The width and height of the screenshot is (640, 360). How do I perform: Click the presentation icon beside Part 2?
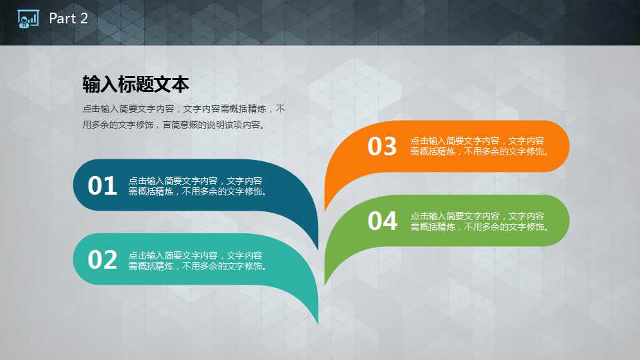click(28, 19)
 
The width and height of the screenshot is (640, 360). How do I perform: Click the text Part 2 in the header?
click(68, 19)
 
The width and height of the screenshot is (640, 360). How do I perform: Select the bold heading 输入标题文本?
click(135, 85)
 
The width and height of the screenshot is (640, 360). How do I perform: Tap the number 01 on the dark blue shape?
click(102, 186)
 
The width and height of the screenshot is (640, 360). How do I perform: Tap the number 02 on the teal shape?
click(102, 260)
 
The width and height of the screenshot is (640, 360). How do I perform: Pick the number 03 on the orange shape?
click(382, 146)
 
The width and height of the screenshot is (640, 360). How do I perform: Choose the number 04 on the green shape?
click(382, 221)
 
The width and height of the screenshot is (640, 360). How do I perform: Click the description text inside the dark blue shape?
click(198, 186)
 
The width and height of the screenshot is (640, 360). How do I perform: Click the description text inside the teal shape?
click(198, 261)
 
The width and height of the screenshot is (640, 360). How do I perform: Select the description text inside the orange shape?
click(480, 146)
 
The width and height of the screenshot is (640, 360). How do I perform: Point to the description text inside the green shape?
click(480, 221)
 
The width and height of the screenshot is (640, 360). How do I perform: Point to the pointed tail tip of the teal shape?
click(317, 323)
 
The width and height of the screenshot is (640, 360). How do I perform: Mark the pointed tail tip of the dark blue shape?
click(317, 249)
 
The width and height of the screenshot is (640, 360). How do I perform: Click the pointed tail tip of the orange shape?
click(325, 211)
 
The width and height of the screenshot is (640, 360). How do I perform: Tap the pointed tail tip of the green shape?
click(325, 285)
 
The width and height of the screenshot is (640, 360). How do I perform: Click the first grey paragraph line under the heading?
click(184, 109)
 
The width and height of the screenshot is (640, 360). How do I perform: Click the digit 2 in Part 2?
click(84, 19)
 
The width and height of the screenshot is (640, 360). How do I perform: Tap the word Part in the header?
click(63, 19)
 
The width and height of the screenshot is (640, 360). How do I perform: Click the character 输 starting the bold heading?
click(91, 85)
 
